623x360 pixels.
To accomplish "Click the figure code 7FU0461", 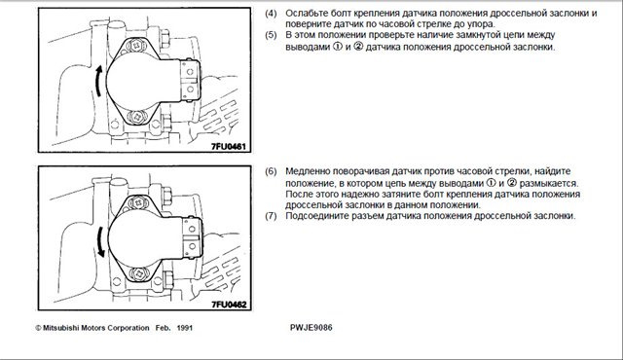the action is point(229,146).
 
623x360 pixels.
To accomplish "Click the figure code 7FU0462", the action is point(229,305).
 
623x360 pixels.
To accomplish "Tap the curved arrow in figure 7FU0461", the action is point(97,81).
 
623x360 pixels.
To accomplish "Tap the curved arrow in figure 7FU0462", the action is point(100,241).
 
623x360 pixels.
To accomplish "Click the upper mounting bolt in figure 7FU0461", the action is point(136,46).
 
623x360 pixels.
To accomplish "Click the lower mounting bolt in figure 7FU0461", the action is point(137,117).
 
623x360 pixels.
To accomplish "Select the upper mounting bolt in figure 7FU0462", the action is point(138,202).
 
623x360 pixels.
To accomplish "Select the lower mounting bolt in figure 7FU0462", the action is point(139,273).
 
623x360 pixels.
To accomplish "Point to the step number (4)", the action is point(271,13).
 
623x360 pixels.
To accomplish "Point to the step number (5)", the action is point(271,35).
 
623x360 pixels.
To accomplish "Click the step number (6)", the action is point(271,172).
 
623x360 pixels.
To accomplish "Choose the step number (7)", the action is point(271,216).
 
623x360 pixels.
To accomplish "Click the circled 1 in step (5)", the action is point(338,47).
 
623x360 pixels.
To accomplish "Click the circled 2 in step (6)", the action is point(512,183).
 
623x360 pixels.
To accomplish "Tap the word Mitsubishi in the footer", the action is point(60,328).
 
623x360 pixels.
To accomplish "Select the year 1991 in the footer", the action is point(185,328).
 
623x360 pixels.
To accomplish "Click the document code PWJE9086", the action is point(311,328).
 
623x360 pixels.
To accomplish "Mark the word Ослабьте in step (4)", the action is point(307,13).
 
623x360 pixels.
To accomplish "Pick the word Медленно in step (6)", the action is point(308,172).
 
